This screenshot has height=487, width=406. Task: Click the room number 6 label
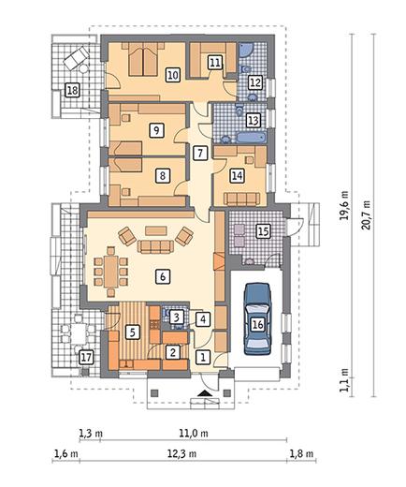coord(163,276)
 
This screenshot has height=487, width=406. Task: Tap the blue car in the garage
coord(257,318)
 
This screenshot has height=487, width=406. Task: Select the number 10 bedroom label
coord(173,75)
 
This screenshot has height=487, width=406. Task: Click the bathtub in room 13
coord(252,138)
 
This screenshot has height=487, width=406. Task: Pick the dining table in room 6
coord(110,271)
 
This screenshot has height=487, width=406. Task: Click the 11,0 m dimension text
coord(194,433)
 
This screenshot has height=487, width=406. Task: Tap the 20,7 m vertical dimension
coord(367,214)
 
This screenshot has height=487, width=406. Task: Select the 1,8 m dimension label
coord(301,453)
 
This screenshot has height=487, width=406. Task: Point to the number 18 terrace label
coord(72,91)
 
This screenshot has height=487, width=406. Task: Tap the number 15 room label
coord(263,231)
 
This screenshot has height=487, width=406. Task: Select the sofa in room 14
coord(241,199)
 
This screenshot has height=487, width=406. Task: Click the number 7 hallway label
coord(200,153)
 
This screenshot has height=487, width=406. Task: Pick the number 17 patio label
coord(86,357)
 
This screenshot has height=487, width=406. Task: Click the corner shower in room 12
coord(246,50)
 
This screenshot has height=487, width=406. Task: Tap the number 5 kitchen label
coord(133,332)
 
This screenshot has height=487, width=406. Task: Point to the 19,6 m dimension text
coord(344,205)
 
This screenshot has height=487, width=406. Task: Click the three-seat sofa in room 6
coord(155,246)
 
